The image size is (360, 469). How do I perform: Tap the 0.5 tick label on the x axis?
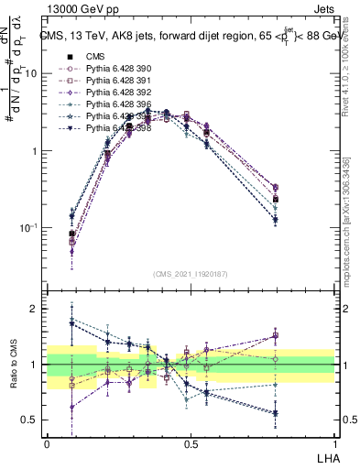(x=191, y=442)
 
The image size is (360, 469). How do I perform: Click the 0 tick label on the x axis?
(x=47, y=442)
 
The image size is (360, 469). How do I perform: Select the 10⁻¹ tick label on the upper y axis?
(x=28, y=228)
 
